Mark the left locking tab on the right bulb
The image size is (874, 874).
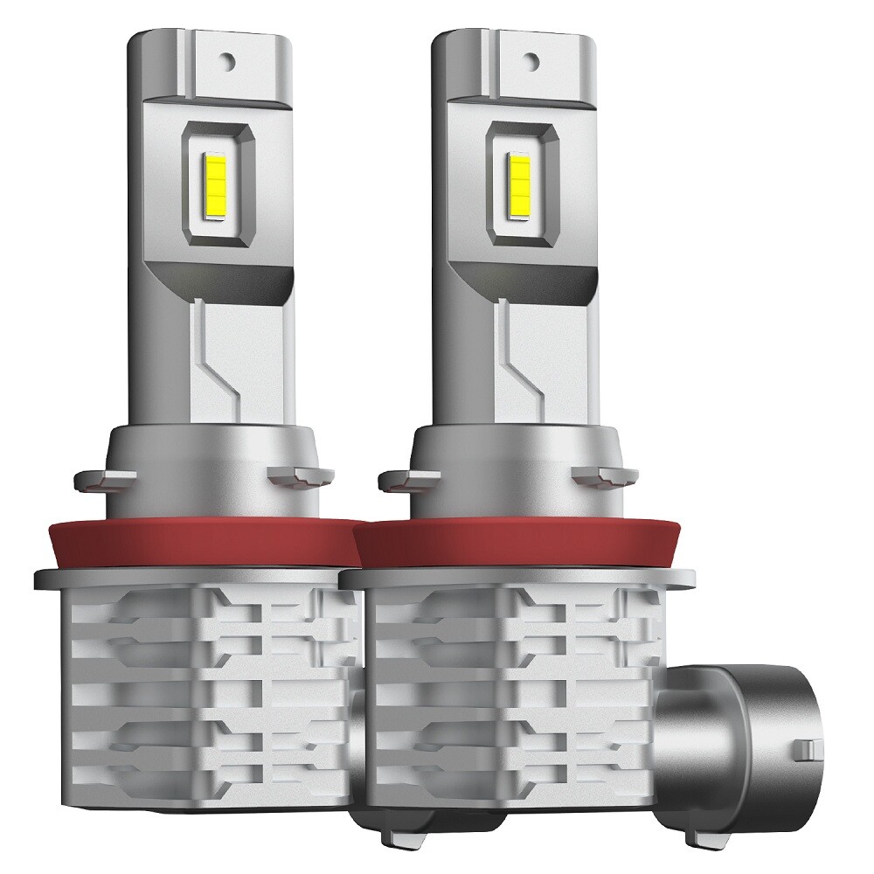(x=395, y=479)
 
